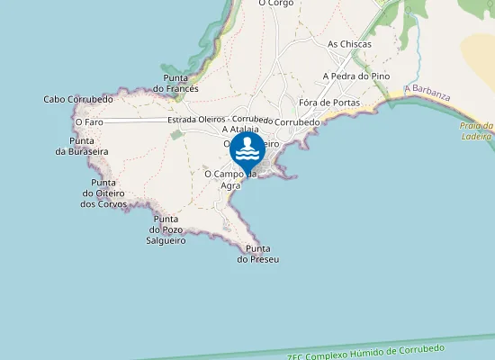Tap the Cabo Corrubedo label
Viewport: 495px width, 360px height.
78,99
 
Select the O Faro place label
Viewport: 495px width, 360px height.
89,121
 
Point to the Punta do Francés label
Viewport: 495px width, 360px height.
175,84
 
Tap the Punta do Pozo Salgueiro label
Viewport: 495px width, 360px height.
166,229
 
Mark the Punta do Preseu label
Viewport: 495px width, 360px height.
258,254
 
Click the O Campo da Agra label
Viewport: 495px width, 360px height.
230,180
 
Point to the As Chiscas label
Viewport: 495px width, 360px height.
349,43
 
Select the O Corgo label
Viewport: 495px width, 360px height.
275,4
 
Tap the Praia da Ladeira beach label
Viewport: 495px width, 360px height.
476,131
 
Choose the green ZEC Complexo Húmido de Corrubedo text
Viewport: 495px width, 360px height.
366,353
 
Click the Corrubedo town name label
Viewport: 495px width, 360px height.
296,121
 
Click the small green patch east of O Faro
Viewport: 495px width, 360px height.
176,134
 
